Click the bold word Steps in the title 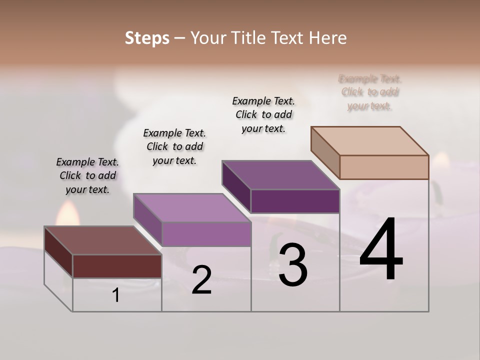click(x=147, y=38)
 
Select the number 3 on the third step click(x=293, y=265)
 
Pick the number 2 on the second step click(x=202, y=280)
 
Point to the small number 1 click(x=115, y=295)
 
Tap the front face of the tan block click(x=384, y=167)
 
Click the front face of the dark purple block click(x=295, y=201)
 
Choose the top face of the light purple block click(x=192, y=208)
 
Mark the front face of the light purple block click(x=206, y=234)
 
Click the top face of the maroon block click(x=103, y=240)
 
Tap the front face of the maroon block click(x=117, y=266)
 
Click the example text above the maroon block click(x=87, y=175)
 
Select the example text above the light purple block click(x=174, y=146)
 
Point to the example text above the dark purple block click(x=263, y=114)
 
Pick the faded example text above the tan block click(x=370, y=92)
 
